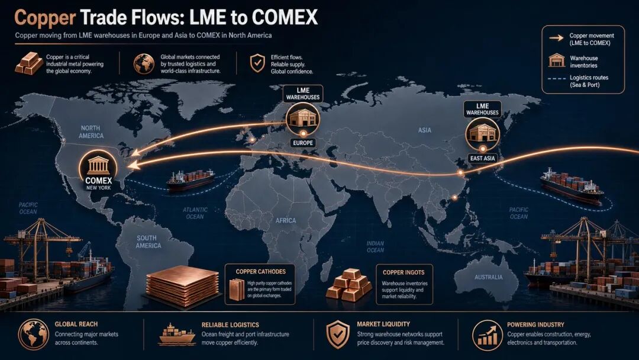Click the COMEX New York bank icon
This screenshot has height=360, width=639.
click(x=98, y=165)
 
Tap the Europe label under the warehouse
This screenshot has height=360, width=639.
click(x=303, y=143)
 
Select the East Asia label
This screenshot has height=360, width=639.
click(x=483, y=158)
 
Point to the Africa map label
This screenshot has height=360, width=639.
click(x=286, y=221)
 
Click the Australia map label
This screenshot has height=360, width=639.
click(x=489, y=277)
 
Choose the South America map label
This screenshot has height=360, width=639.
click(x=148, y=242)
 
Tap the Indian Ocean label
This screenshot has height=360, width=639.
click(x=375, y=247)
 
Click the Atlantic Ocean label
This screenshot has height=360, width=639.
click(x=195, y=213)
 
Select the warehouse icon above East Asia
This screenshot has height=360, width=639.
click(x=483, y=133)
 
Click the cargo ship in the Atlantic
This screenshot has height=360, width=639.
click(x=190, y=180)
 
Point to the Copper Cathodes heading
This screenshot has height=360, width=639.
click(x=260, y=272)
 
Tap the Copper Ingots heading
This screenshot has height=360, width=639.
click(x=404, y=272)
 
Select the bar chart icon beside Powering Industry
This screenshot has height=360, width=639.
click(x=488, y=336)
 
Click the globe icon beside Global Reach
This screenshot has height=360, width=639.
click(x=33, y=335)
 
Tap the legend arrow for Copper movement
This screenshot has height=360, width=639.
click(x=556, y=38)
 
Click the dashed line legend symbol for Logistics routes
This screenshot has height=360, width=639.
click(x=556, y=78)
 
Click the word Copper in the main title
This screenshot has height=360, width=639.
click(x=45, y=18)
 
